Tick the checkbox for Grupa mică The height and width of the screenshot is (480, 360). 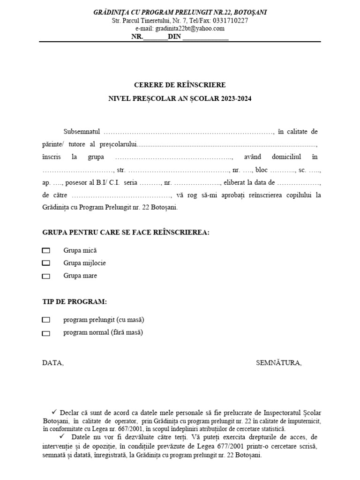coord(46,251)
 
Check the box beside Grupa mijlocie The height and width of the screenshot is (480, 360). coord(46,263)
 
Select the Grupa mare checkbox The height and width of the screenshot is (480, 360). coord(46,276)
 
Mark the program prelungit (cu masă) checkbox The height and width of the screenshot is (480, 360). coord(46,320)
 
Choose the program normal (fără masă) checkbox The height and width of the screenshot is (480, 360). coord(46,333)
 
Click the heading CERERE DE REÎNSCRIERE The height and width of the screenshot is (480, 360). coord(180,85)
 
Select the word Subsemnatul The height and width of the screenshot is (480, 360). coord(82,132)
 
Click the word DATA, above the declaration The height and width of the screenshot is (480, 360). coord(52,363)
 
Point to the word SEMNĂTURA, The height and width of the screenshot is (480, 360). coord(279,363)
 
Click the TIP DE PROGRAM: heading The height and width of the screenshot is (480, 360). coord(75,301)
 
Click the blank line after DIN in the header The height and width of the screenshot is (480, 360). coord(205,37)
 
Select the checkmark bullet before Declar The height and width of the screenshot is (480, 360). coord(54,412)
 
